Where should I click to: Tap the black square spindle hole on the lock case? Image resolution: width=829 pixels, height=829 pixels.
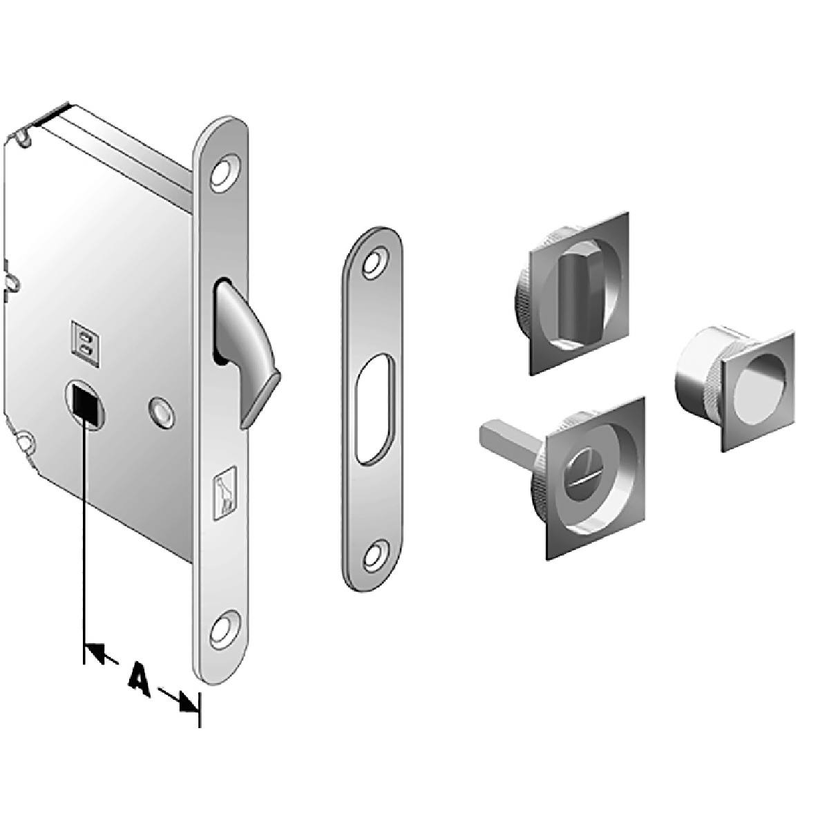pyautogui.click(x=88, y=403)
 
